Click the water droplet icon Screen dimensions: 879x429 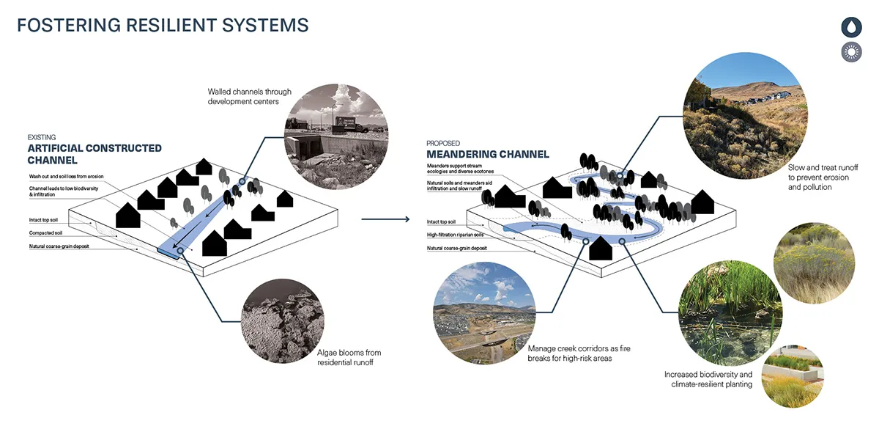pyautogui.click(x=851, y=27)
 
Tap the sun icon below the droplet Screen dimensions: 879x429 pyautogui.click(x=851, y=52)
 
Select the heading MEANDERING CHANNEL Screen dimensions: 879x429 pyautogui.click(x=488, y=155)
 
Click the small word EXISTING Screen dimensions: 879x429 pyautogui.click(x=42, y=137)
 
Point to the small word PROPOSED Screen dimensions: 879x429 pyautogui.click(x=443, y=144)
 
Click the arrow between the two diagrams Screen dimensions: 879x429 pyautogui.click(x=385, y=219)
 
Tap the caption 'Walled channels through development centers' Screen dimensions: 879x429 pyautogui.click(x=250, y=97)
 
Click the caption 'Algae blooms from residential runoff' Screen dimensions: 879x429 pyautogui.click(x=349, y=358)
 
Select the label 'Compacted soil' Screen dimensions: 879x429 pyautogui.click(x=45, y=233)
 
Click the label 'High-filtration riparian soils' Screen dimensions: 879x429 pyautogui.click(x=455, y=235)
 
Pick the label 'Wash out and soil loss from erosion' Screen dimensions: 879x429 pyautogui.click(x=67, y=177)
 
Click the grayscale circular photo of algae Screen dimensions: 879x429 pyautogui.click(x=283, y=321)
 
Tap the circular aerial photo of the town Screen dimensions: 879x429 pyautogui.click(x=484, y=313)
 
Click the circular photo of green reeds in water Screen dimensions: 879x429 pyautogui.click(x=730, y=313)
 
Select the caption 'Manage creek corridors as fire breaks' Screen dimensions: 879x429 pyautogui.click(x=579, y=353)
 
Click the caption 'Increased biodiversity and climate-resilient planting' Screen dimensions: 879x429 pyautogui.click(x=708, y=379)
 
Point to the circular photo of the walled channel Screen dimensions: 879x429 pyautogui.click(x=336, y=136)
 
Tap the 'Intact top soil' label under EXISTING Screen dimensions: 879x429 pyautogui.click(x=43, y=220)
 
